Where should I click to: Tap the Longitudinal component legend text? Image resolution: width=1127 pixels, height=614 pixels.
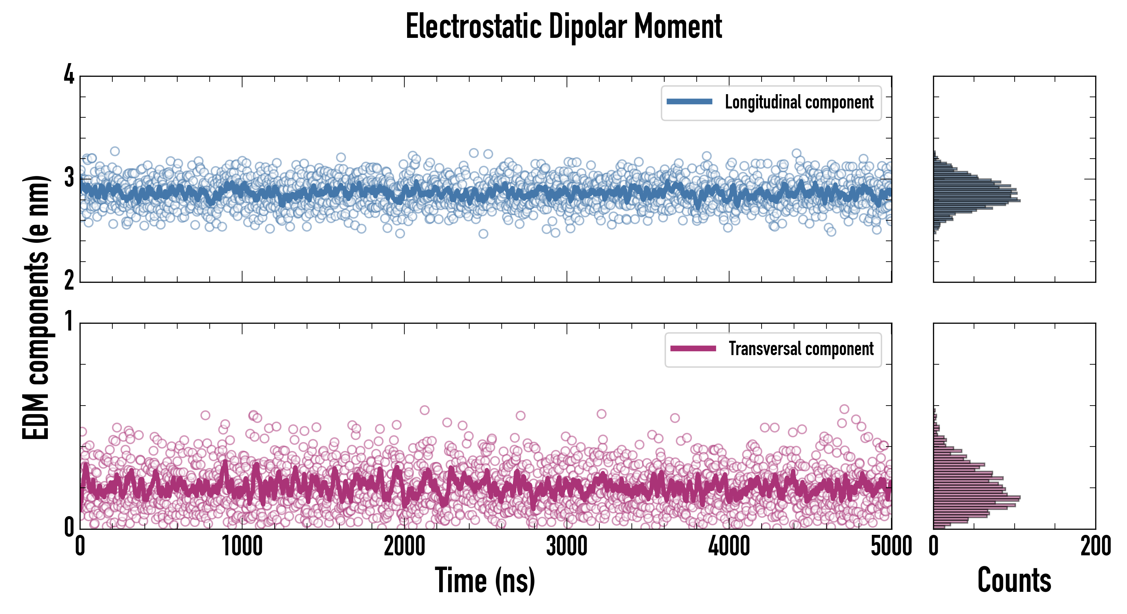[x=799, y=102]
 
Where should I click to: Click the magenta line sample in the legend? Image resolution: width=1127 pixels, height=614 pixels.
[x=693, y=348]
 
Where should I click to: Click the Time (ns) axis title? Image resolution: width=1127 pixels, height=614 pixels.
[x=485, y=580]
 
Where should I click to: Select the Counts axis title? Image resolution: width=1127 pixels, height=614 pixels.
[x=1014, y=580]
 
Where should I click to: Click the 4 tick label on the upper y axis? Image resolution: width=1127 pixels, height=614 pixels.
[x=69, y=75]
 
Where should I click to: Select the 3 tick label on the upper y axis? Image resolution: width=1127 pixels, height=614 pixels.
[x=69, y=178]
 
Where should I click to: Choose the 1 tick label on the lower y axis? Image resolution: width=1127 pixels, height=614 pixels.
[x=69, y=322]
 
